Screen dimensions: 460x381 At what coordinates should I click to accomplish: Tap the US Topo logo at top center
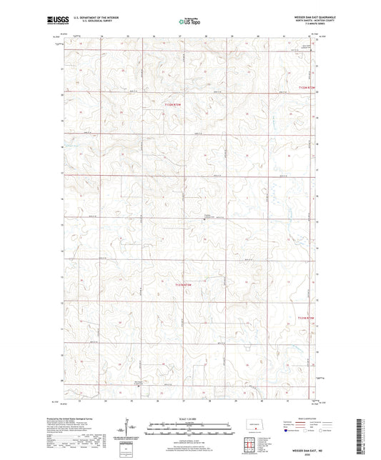(x=189, y=21)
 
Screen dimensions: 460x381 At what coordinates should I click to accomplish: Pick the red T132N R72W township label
(x=306, y=88)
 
